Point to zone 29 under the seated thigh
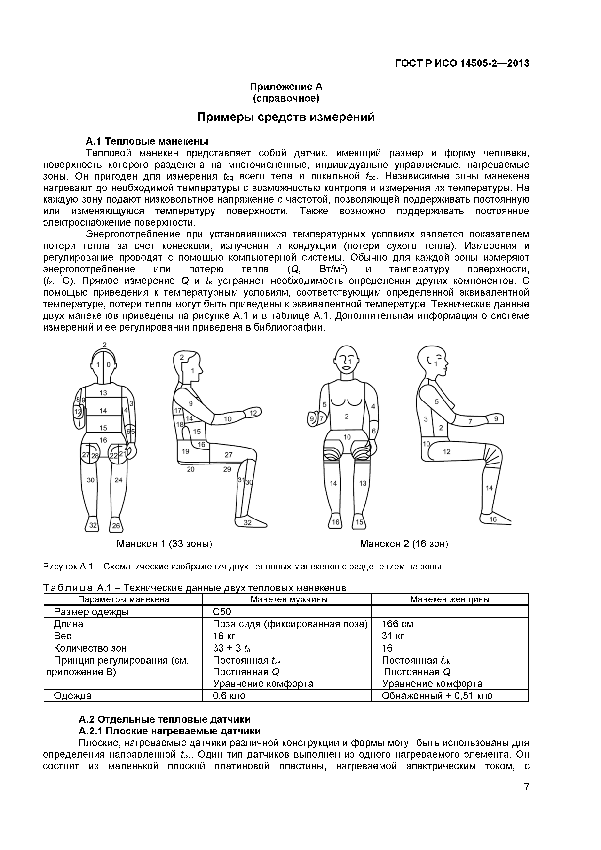point(227,469)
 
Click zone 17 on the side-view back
point(178,410)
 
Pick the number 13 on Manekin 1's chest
point(103,393)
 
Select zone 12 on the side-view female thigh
point(447,452)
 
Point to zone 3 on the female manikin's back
point(426,419)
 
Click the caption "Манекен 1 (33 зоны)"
point(164,544)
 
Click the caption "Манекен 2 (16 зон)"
point(404,544)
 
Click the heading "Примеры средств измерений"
point(286,117)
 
